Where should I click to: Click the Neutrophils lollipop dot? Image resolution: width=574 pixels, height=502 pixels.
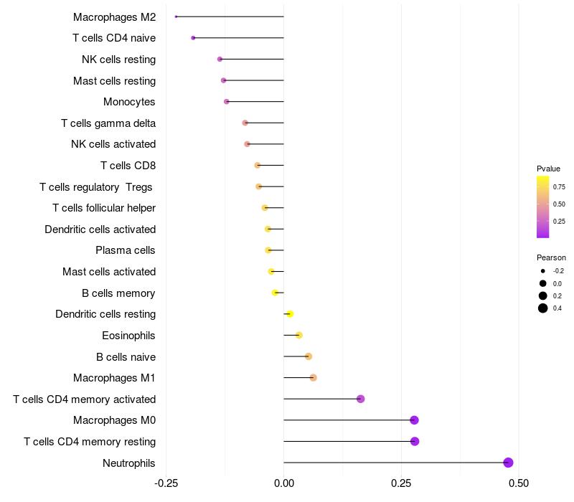[x=508, y=463]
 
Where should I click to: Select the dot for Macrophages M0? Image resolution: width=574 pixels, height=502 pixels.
[x=414, y=420]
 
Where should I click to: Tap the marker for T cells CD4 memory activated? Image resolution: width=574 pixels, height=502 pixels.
[x=360, y=399]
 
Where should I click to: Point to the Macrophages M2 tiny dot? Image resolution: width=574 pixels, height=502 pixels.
[x=176, y=16]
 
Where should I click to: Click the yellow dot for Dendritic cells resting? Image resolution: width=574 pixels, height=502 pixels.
[x=290, y=314]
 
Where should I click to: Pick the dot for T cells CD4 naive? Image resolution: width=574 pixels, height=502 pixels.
[x=193, y=38]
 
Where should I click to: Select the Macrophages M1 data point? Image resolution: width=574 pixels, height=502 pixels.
[x=313, y=378]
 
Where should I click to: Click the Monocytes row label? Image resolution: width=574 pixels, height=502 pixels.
[x=129, y=102]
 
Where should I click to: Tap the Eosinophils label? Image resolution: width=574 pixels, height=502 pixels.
[x=128, y=336]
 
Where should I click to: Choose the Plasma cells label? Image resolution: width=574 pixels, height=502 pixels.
[x=125, y=250]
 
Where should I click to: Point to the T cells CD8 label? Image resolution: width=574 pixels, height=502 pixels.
[x=128, y=166]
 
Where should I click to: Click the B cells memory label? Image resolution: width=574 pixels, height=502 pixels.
[x=118, y=293]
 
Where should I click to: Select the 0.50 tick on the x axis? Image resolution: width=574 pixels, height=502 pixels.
[x=518, y=484]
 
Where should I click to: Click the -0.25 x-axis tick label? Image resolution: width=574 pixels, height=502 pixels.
[x=166, y=484]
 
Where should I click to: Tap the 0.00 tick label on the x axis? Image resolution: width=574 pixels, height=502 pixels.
[x=284, y=484]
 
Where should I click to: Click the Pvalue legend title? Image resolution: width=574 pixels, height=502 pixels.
[x=548, y=169]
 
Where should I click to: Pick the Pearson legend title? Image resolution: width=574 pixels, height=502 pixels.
[x=551, y=257]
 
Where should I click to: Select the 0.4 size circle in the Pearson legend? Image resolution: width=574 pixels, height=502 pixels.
[x=543, y=308]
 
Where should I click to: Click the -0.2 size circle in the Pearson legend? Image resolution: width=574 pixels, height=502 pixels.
[x=543, y=271]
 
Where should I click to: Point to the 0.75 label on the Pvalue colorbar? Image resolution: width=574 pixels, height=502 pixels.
[x=558, y=186]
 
